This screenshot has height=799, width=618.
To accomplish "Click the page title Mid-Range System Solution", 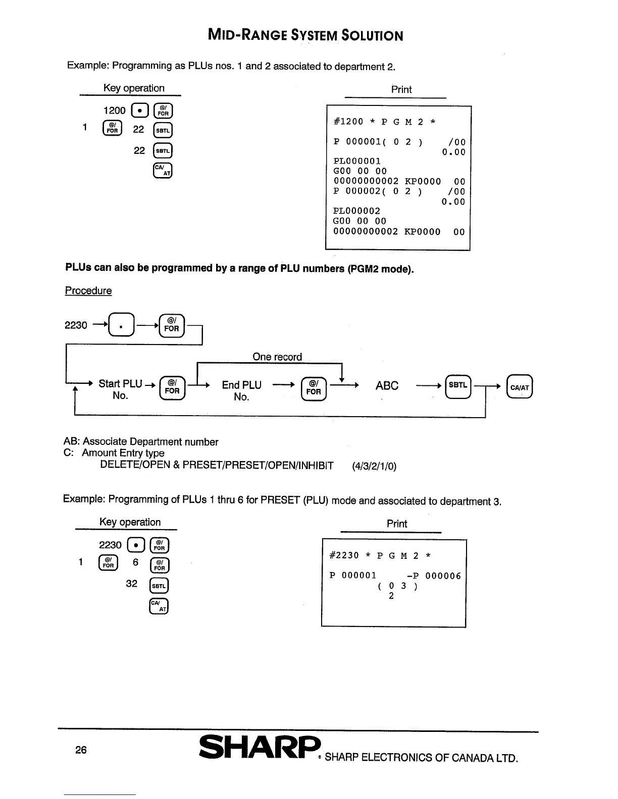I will tap(305, 36).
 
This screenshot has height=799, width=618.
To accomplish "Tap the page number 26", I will tap(81, 750).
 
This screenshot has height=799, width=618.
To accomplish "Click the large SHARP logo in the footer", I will tap(260, 748).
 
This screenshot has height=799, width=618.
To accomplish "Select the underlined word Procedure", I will tap(88, 291).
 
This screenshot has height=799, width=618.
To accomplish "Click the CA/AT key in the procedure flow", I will tap(520, 387).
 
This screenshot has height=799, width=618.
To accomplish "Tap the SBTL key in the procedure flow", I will tap(458, 386).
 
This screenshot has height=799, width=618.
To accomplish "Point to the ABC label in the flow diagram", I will tap(387, 386).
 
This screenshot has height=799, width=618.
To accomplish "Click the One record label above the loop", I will tap(277, 357).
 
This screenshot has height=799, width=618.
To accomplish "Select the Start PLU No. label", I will tap(120, 389).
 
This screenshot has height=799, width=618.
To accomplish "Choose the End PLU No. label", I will tap(241, 390).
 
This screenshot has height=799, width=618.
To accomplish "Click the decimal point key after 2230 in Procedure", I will tap(122, 325).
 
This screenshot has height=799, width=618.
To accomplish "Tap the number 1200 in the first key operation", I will tap(114, 110).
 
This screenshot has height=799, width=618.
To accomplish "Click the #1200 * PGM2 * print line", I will tap(385, 122).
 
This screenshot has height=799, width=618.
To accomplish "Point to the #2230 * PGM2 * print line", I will tap(380, 556).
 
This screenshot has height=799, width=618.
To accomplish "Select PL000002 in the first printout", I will tap(357, 211).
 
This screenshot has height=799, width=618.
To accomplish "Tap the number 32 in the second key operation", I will tap(131, 584).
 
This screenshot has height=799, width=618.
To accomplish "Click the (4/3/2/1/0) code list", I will tap(374, 466).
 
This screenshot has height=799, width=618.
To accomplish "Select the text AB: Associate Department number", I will tap(141, 442).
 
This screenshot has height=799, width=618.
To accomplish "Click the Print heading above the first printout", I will tap(401, 89).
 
